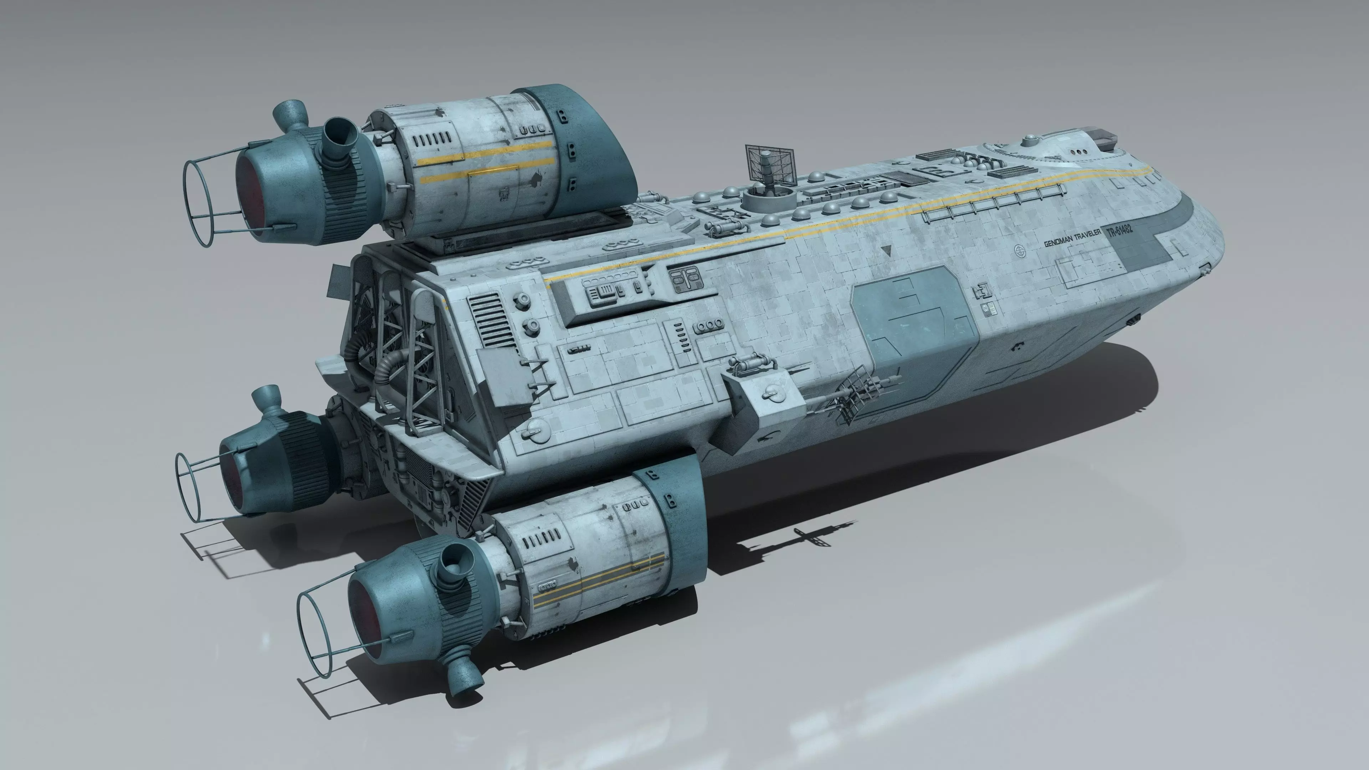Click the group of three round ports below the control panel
coord(710,325)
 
